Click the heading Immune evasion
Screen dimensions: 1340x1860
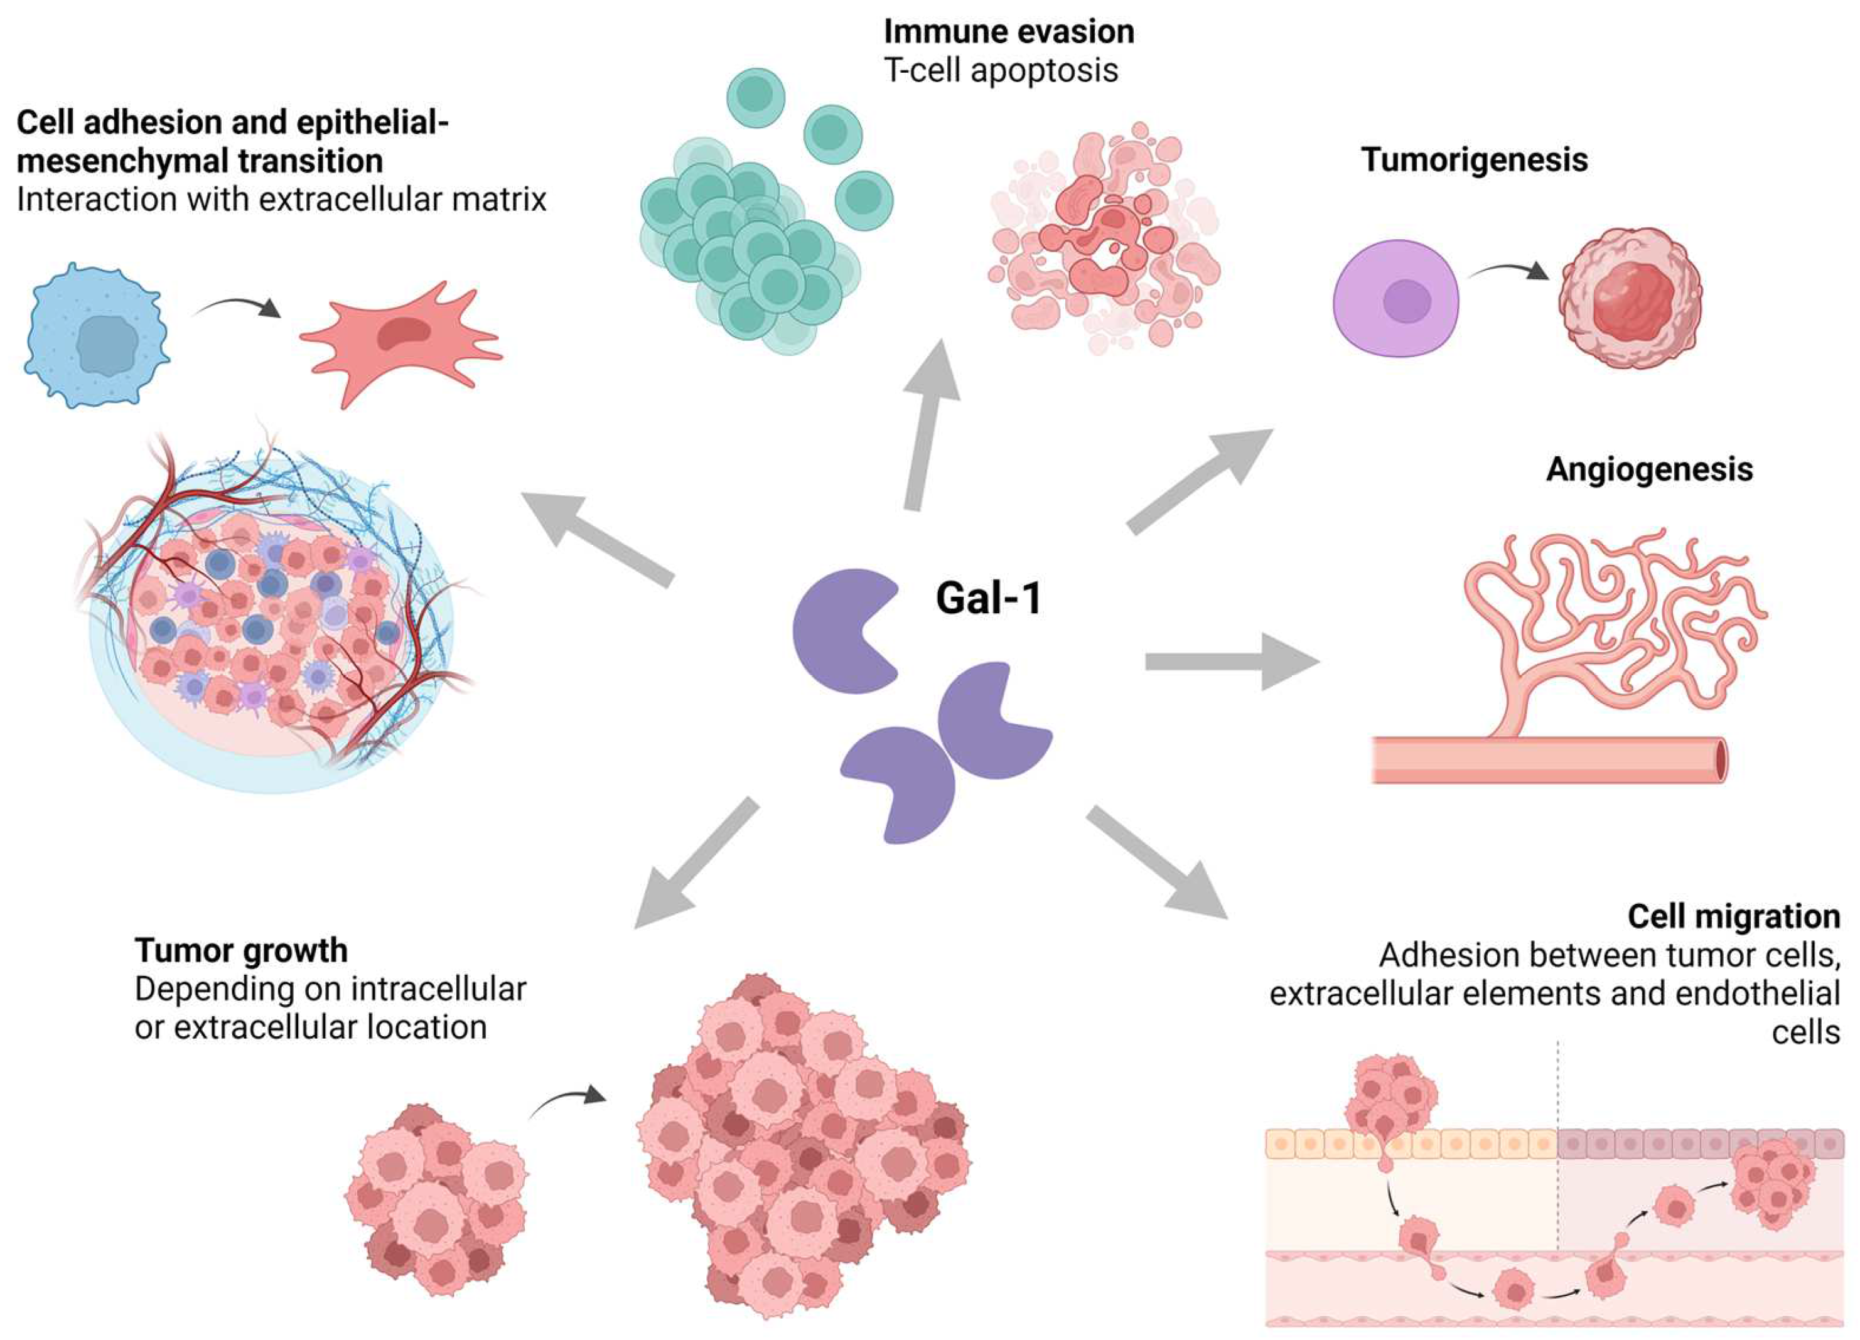point(1008,32)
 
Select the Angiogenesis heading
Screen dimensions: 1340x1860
point(1648,469)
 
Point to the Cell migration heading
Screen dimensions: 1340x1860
point(1733,916)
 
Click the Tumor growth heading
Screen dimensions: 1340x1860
point(241,950)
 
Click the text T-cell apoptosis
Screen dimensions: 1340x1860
point(1000,70)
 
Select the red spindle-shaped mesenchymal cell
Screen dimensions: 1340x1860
point(400,340)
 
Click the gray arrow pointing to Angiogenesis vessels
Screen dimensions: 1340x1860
point(1230,661)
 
